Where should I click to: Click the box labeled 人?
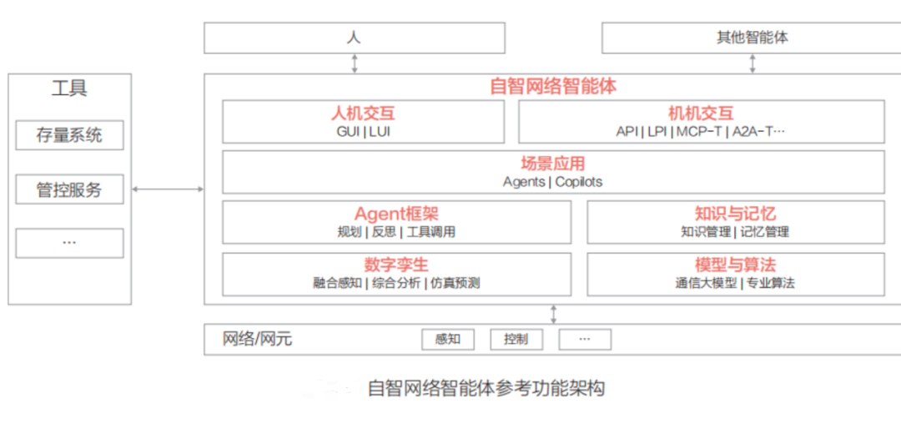pyautogui.click(x=355, y=38)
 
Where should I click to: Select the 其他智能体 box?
pyautogui.click(x=752, y=38)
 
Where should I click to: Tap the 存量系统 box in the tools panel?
pyautogui.click(x=69, y=135)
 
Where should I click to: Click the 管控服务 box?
pyautogui.click(x=69, y=189)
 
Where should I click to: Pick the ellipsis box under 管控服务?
pyautogui.click(x=69, y=243)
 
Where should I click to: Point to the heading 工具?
pyautogui.click(x=69, y=88)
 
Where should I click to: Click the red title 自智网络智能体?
pyautogui.click(x=553, y=86)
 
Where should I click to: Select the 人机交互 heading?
pyautogui.click(x=363, y=114)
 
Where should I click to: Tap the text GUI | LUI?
pyautogui.click(x=363, y=131)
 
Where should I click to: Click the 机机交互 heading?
pyautogui.click(x=701, y=114)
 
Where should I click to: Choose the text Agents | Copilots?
pyautogui.click(x=552, y=182)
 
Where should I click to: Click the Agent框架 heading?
pyautogui.click(x=396, y=215)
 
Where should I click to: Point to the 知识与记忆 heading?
pyautogui.click(x=735, y=215)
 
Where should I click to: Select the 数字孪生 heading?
pyautogui.click(x=396, y=265)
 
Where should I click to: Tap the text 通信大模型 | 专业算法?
pyautogui.click(x=735, y=283)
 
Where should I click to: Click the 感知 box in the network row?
pyautogui.click(x=448, y=339)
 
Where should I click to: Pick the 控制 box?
pyautogui.click(x=516, y=339)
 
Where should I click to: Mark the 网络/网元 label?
pyautogui.click(x=257, y=339)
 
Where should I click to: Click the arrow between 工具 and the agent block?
pyautogui.click(x=168, y=189)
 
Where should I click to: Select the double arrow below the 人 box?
pyautogui.click(x=355, y=63)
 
